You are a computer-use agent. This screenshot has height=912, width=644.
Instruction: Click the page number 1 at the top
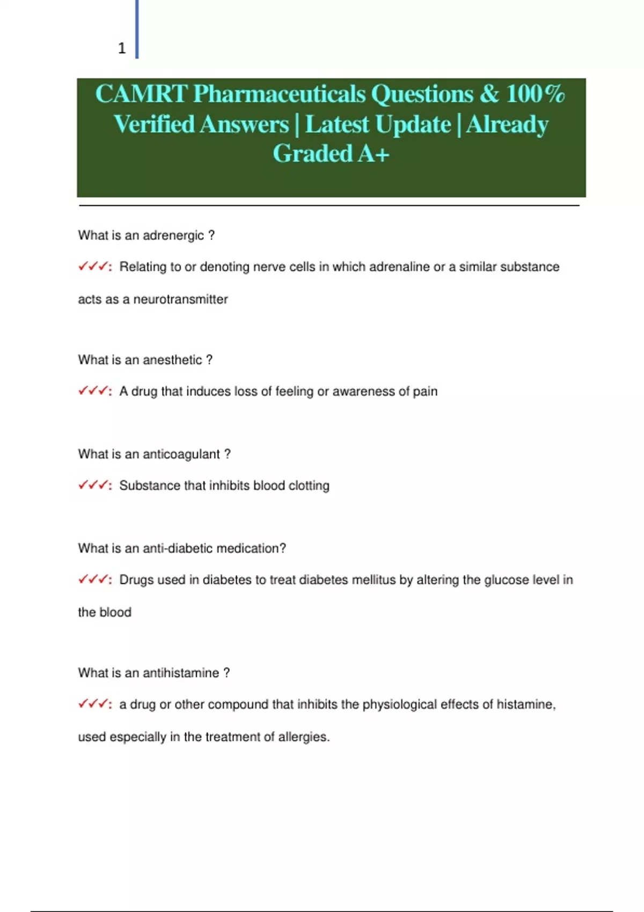tap(122, 48)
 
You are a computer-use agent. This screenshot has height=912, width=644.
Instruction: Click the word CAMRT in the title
tap(141, 94)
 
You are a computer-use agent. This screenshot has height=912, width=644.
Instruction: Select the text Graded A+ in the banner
tap(331, 153)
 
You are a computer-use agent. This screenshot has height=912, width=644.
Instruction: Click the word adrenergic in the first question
tap(173, 236)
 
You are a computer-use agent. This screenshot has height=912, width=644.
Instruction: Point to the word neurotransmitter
tap(180, 299)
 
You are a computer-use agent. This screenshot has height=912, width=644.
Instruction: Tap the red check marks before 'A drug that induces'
tap(93, 391)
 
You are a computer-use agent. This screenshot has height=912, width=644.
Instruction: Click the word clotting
tap(309, 486)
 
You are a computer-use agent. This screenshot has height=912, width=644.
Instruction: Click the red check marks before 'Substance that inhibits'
tap(93, 486)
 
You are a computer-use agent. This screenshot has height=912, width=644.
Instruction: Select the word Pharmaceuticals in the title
tap(279, 94)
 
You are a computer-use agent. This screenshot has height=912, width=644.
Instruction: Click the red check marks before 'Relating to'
tap(93, 267)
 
